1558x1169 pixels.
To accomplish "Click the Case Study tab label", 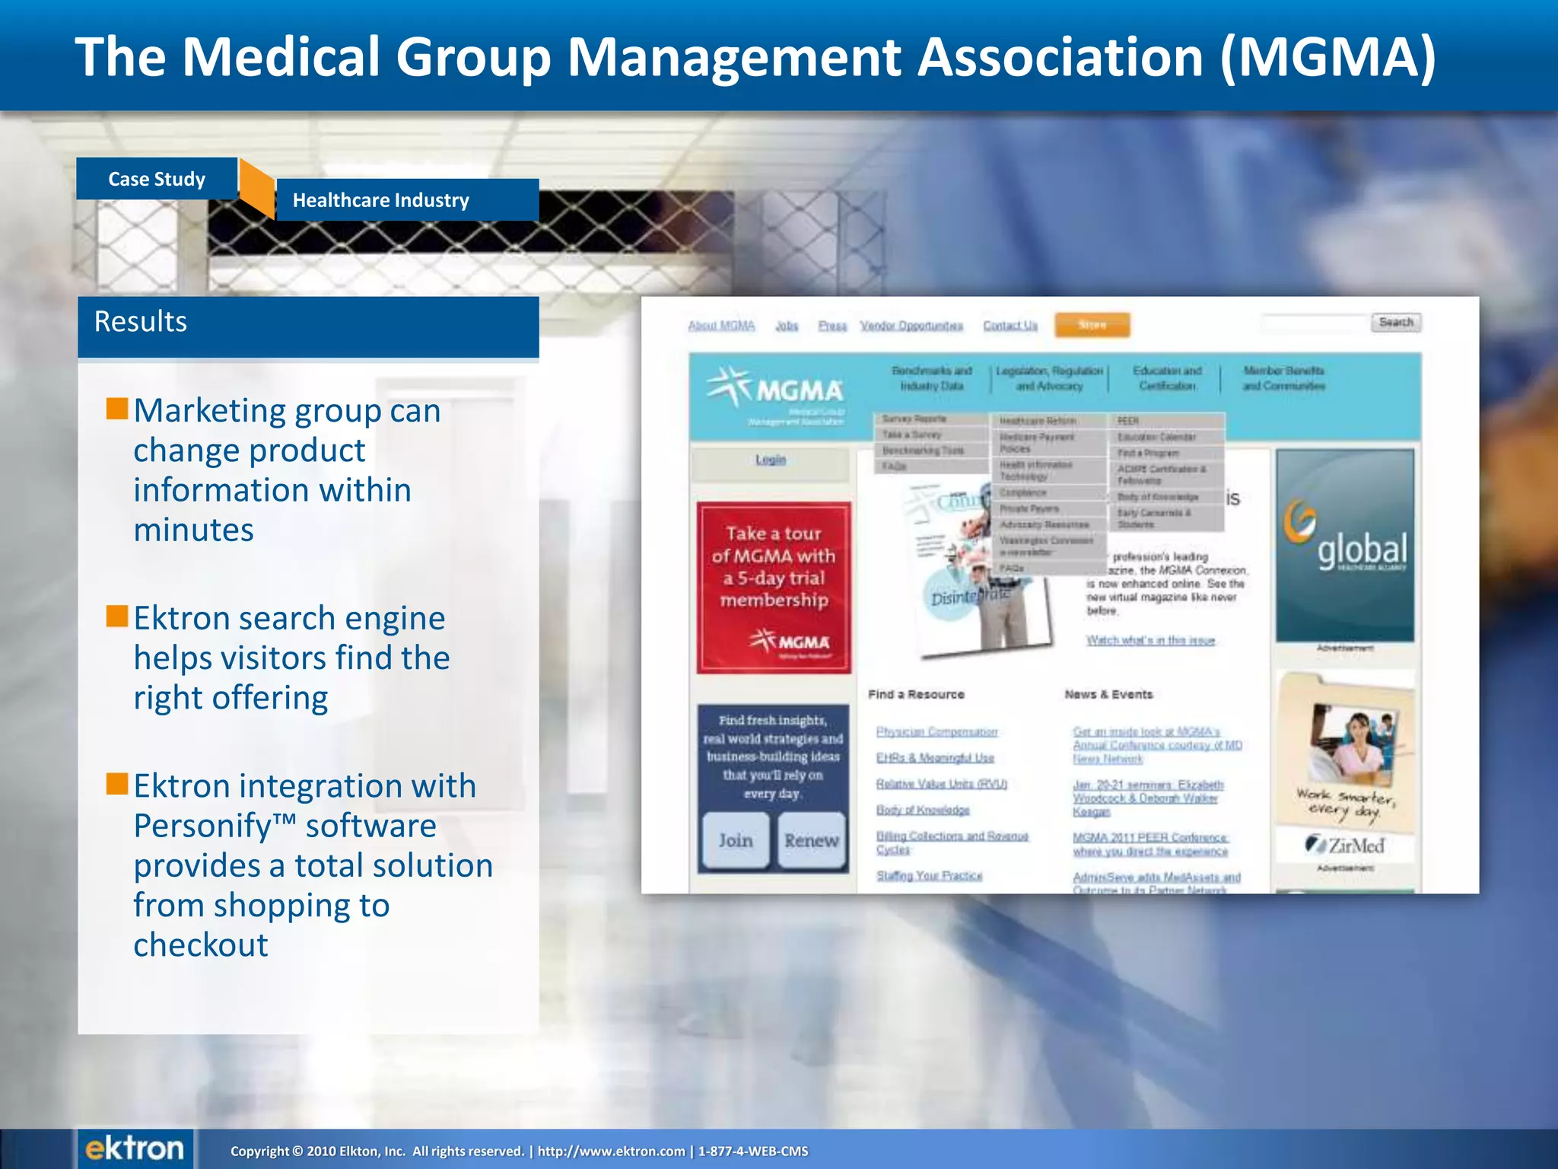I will [x=157, y=179].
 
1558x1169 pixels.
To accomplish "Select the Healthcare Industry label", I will [x=381, y=200].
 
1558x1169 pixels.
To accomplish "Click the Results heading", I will [x=141, y=322].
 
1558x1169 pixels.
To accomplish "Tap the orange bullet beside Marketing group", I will [x=117, y=409].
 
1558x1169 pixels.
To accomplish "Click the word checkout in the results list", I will [x=201, y=945].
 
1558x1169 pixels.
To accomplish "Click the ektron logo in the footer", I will [x=135, y=1148].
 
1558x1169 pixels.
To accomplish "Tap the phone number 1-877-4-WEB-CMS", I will [x=753, y=1151].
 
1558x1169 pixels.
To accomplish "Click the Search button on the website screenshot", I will [x=1395, y=323].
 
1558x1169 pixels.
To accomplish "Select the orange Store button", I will [x=1092, y=325].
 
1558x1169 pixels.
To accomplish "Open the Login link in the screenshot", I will [x=770, y=460].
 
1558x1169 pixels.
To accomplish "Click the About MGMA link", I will [x=721, y=326].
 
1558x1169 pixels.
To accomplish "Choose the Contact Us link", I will [x=1010, y=326].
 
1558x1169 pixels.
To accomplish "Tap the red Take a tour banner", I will [x=774, y=587].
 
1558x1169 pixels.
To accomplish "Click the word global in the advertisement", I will [x=1362, y=549].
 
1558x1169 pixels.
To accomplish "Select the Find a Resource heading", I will [x=916, y=694].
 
